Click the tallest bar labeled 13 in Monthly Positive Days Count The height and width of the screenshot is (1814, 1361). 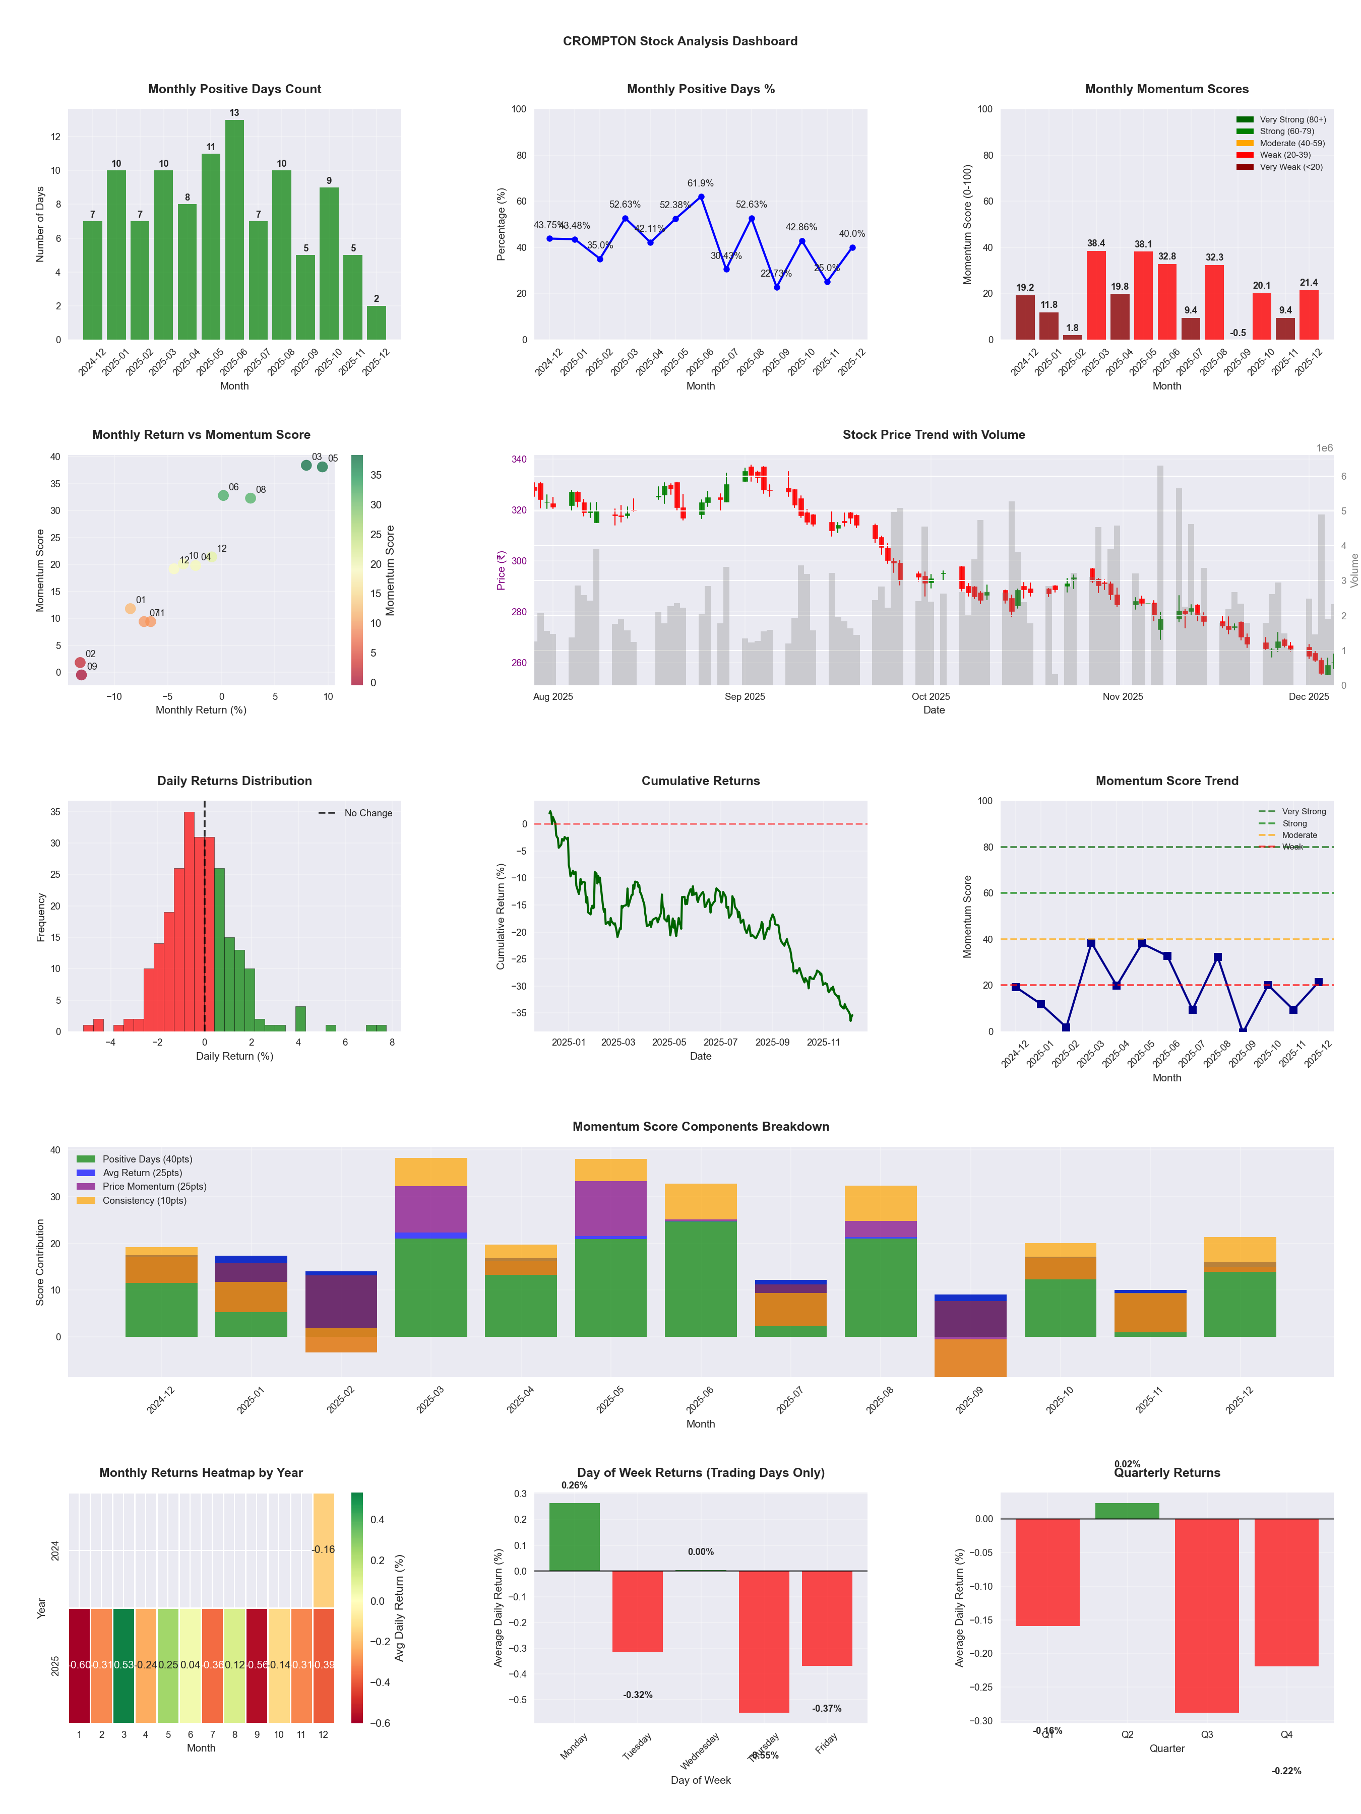coord(234,230)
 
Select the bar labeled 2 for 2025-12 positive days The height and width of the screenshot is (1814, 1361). coord(377,323)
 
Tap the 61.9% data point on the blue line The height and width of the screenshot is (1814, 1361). coord(701,197)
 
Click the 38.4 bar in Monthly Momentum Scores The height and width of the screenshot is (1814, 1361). coord(1096,295)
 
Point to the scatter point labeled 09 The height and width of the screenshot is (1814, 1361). coord(81,675)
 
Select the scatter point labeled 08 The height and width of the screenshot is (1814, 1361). coord(250,498)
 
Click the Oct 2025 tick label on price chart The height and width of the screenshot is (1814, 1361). coord(931,697)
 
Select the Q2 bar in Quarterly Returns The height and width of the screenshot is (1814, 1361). coord(1127,1511)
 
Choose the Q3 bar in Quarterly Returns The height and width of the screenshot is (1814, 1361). coord(1207,1615)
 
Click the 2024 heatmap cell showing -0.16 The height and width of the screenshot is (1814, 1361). coord(323,1550)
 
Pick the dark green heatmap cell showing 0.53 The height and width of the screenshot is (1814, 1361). coord(124,1665)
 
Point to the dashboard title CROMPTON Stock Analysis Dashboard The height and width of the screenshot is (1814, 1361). coord(680,41)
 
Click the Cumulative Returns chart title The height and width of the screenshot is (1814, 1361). coord(701,781)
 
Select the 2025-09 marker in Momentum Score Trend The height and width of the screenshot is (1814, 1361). coord(1243,1031)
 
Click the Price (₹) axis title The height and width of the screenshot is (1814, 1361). coord(501,570)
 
